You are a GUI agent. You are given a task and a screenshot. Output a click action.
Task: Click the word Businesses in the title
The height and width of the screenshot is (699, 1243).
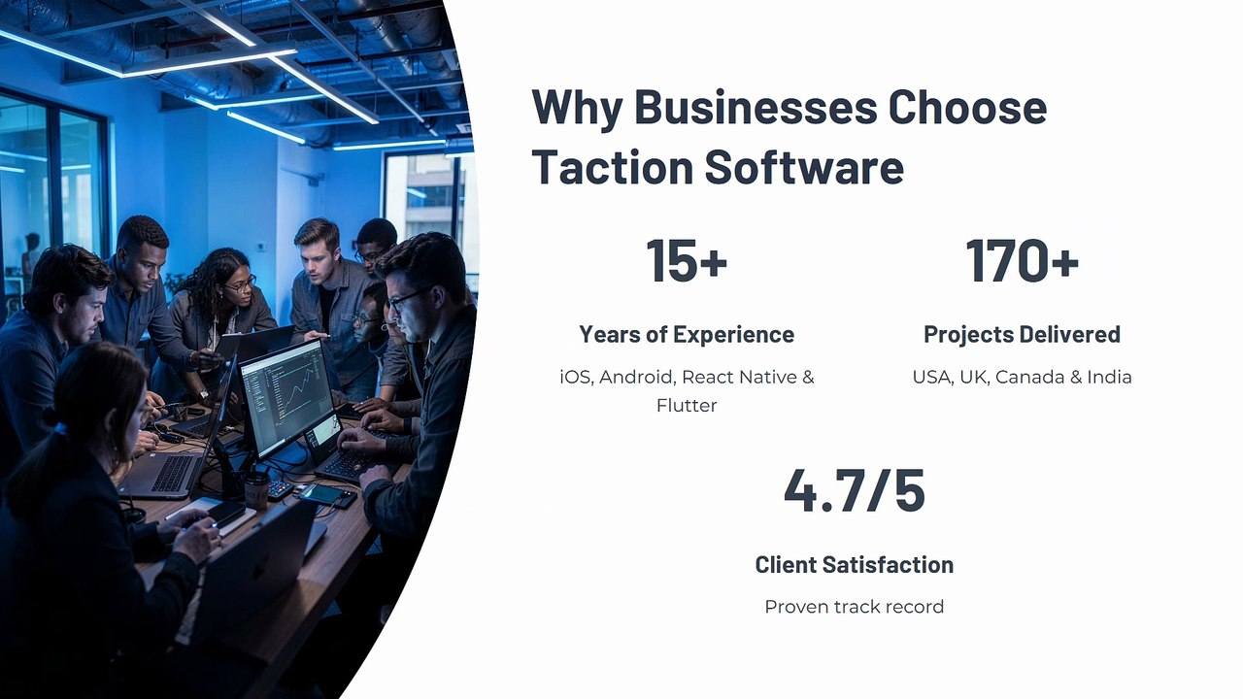(756, 107)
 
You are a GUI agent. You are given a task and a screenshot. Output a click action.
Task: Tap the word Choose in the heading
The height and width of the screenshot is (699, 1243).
(968, 107)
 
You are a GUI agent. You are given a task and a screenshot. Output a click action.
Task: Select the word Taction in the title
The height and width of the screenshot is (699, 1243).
(613, 166)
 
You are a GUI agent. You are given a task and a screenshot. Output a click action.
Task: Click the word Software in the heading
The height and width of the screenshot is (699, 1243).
(804, 166)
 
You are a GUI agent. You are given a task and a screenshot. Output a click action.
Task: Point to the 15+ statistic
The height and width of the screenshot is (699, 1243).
(687, 260)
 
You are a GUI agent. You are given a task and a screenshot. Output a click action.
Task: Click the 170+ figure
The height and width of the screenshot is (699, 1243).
(1023, 260)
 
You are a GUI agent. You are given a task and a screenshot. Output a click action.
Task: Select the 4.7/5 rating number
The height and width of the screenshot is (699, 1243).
(854, 490)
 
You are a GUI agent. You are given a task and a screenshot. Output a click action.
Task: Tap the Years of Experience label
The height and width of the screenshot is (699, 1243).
(687, 334)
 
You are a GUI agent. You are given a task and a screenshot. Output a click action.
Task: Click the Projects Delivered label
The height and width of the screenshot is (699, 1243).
(1023, 334)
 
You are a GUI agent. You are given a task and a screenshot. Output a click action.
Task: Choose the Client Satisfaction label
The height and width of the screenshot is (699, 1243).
(854, 565)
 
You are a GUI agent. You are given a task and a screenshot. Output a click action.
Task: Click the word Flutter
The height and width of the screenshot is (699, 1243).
(687, 406)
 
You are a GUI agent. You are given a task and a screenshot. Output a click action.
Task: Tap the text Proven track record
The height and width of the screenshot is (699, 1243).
(854, 607)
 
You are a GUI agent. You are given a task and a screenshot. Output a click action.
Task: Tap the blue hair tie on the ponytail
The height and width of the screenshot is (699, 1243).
(60, 428)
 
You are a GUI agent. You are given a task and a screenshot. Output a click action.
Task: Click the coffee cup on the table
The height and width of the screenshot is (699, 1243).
(256, 489)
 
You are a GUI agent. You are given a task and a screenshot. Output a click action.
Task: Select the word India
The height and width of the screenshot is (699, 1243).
(1109, 378)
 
